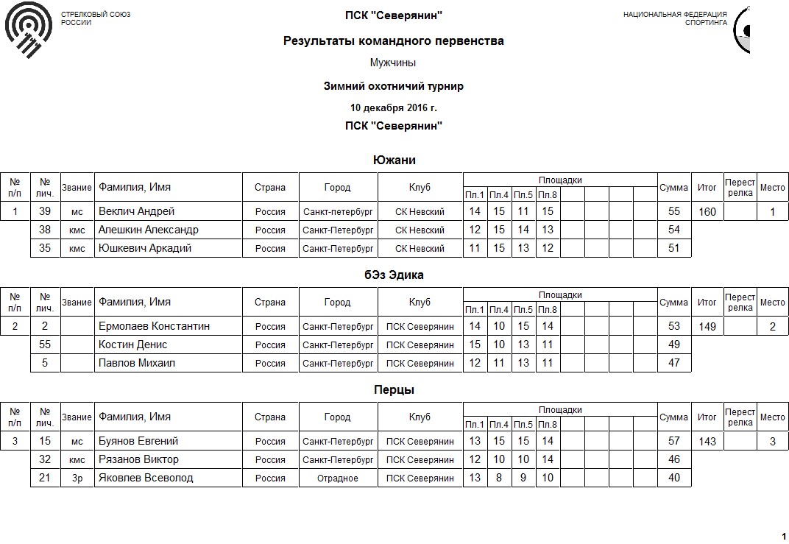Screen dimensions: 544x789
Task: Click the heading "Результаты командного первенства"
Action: tap(394, 41)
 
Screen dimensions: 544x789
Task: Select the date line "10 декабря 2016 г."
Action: tap(394, 108)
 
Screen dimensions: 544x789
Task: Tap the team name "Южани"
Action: tap(394, 160)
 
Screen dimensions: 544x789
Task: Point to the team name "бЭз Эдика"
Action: tap(394, 275)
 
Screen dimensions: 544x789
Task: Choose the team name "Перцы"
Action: tap(394, 389)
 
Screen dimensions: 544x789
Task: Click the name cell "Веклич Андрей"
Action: tap(137, 211)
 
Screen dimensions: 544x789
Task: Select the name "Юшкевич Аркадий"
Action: tap(145, 248)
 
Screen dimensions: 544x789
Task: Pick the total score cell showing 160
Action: tap(707, 212)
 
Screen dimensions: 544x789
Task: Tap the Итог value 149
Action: tap(707, 327)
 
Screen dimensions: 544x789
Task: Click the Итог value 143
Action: tap(707, 442)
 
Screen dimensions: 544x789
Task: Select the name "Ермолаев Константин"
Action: tap(154, 326)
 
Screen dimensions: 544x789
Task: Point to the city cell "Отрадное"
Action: tap(338, 478)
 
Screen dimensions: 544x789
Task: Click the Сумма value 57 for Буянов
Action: tap(673, 441)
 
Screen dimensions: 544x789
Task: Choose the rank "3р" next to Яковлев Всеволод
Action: tap(77, 478)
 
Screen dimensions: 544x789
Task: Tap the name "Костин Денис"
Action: tap(133, 345)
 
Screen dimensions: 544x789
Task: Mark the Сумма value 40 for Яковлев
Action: tap(673, 478)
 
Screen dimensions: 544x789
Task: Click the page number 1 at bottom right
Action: tap(783, 535)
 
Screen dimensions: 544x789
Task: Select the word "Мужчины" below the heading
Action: tap(394, 63)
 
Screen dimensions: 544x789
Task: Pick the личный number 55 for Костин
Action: tap(45, 345)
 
